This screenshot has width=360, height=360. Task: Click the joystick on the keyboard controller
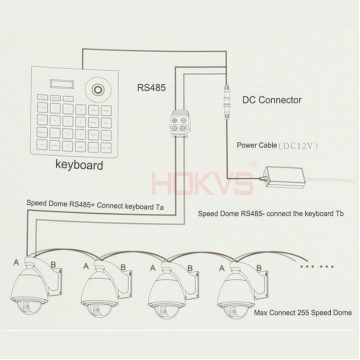pyautogui.click(x=96, y=89)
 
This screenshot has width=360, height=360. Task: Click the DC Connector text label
pyautogui.click(x=272, y=100)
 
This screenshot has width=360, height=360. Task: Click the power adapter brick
pyautogui.click(x=286, y=175)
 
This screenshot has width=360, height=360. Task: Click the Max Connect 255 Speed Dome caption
pyautogui.click(x=303, y=311)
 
